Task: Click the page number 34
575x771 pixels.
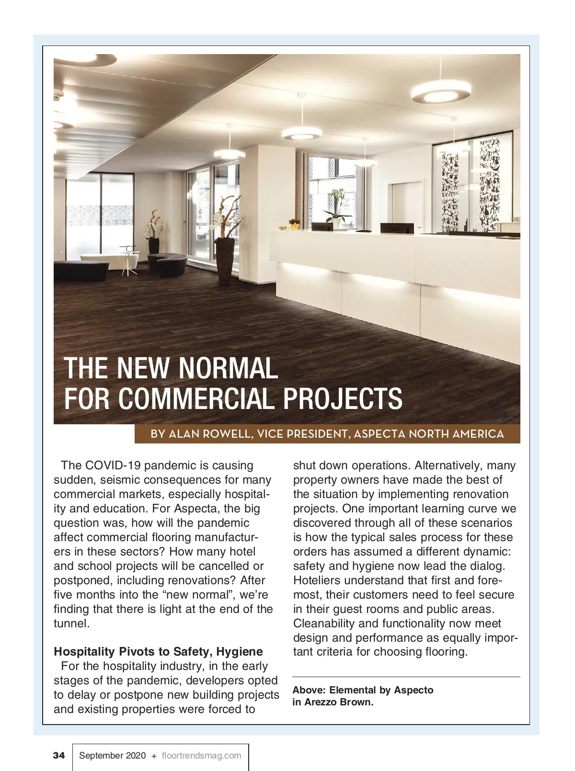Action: [58, 756]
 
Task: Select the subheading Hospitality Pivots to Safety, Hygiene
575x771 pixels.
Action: [158, 651]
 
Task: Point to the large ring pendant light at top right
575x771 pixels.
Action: [439, 91]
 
